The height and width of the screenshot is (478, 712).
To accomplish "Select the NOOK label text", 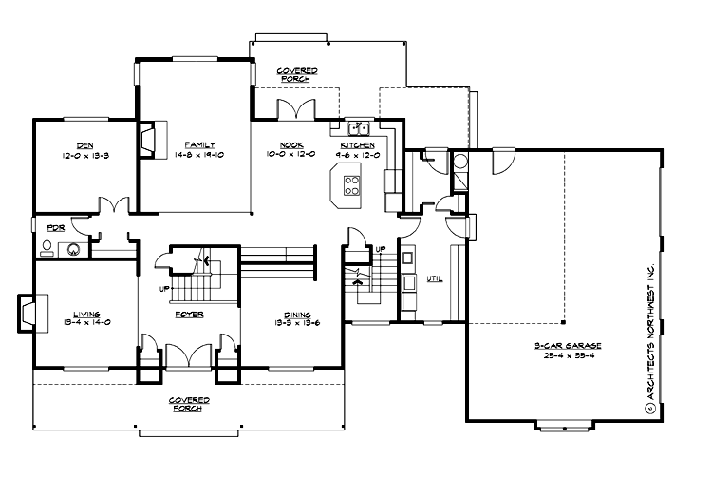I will pos(290,144).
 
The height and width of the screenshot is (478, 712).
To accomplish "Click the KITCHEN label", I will pos(357,144).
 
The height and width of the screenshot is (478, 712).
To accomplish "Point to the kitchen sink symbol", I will pos(358,127).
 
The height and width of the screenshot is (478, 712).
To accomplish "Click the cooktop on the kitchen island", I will pos(350,183).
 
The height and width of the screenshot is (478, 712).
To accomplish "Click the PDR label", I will pos(54,228).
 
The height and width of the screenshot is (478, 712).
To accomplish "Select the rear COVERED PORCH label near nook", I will pos(296,74).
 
